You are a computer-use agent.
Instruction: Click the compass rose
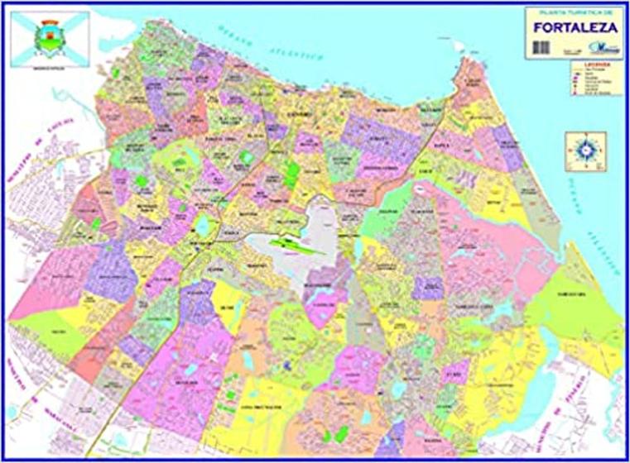[x=585, y=150]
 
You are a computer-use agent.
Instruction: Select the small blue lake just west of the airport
[x=204, y=225]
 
